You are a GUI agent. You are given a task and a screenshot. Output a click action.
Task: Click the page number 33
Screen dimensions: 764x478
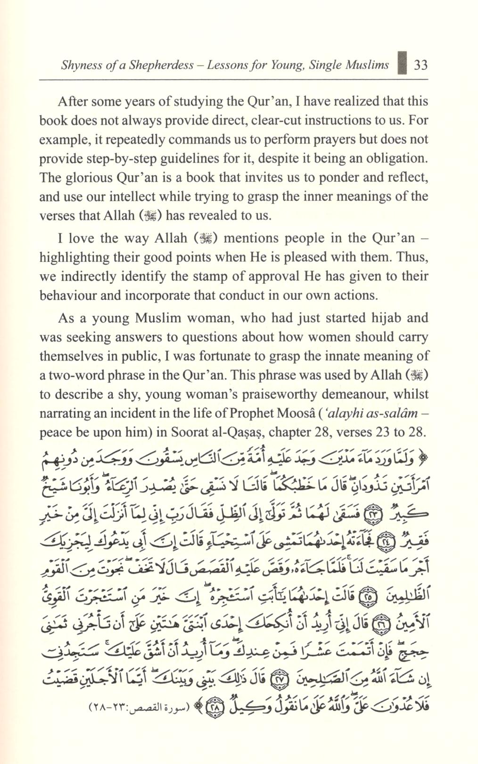click(x=420, y=65)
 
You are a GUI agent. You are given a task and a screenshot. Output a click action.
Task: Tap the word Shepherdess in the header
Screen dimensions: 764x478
click(x=163, y=65)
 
